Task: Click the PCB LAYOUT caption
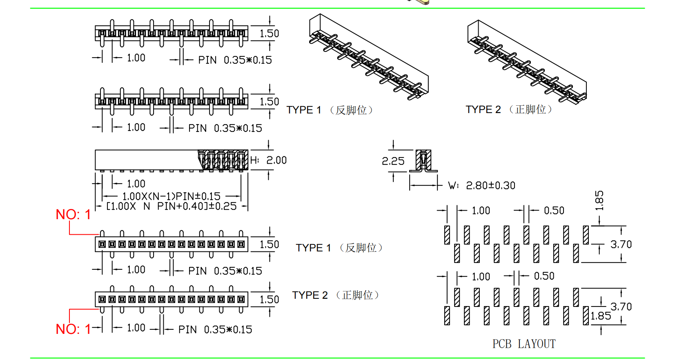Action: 524,344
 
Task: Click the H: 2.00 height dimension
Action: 269,160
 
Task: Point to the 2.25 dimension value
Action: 393,161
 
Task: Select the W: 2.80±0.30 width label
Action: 482,186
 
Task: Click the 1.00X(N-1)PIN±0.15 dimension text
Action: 172,196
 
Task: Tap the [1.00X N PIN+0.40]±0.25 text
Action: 172,206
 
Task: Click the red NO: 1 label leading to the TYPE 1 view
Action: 73,215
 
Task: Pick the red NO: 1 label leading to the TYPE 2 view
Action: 73,329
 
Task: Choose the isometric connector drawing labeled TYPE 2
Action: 527,61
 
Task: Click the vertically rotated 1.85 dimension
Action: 599,200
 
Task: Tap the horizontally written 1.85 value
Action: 601,316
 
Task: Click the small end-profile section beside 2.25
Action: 423,161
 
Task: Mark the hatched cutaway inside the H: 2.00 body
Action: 223,160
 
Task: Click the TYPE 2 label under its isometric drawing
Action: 483,109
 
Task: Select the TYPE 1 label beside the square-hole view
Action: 313,248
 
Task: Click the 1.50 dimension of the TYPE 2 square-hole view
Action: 269,300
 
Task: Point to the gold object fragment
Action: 421,2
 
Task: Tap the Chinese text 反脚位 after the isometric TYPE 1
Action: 351,110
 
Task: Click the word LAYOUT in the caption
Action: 537,344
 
